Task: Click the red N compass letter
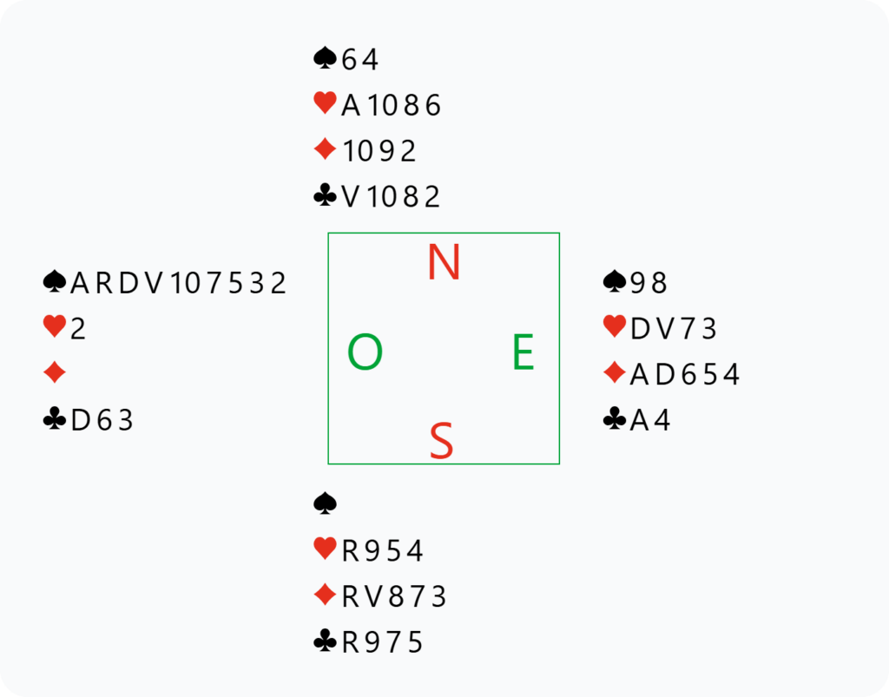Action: click(444, 262)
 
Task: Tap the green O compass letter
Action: click(365, 352)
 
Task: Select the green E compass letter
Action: click(524, 352)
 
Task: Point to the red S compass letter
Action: click(441, 440)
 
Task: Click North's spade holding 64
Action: click(360, 59)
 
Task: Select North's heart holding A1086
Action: click(391, 105)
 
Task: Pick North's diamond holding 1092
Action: click(379, 151)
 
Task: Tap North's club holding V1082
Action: click(390, 197)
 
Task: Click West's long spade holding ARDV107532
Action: click(178, 282)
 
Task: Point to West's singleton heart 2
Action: click(77, 329)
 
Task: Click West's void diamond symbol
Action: click(55, 373)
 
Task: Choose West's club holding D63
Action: click(102, 420)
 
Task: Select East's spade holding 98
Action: click(649, 282)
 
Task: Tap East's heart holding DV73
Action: click(674, 329)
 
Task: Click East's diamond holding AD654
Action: click(685, 374)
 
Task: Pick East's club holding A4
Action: click(650, 420)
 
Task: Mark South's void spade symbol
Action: click(325, 503)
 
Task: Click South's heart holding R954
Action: click(382, 550)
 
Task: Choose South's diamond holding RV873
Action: click(394, 596)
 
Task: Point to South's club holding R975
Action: click(382, 642)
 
